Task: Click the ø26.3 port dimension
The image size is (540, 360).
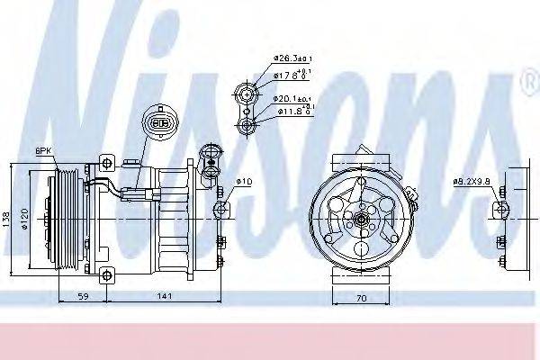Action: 289,60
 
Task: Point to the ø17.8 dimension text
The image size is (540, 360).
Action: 287,74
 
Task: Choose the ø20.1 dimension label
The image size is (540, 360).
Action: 289,98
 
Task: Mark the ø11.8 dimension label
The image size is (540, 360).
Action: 289,112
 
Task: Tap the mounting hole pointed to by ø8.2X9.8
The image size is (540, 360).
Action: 500,213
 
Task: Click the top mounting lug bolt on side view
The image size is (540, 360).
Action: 108,164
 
